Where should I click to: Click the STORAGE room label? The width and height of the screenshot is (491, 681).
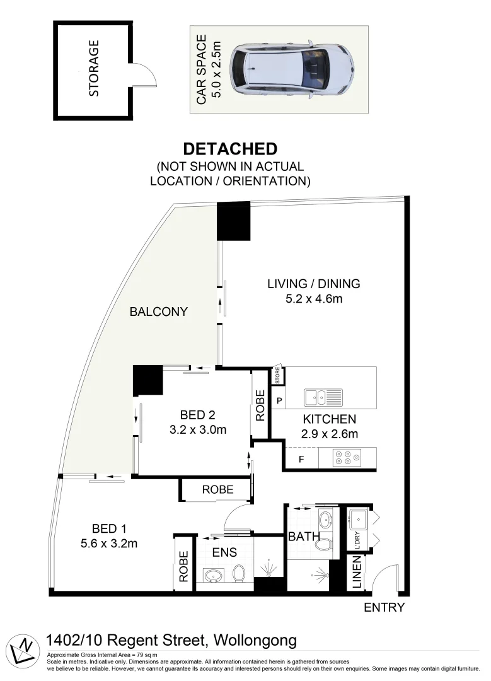pos(95,69)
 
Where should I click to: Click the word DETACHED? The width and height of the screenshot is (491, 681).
pos(230,149)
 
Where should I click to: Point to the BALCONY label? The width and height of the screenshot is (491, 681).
pos(158,311)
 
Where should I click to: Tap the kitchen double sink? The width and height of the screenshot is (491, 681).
pos(323,397)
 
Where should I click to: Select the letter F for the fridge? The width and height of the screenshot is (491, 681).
pos(301,459)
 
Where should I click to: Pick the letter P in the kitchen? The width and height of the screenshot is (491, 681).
pos(279,400)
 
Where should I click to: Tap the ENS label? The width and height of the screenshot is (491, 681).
pos(225,552)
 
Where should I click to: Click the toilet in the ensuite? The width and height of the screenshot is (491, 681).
pos(238,572)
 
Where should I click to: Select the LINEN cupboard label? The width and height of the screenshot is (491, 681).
pos(356,576)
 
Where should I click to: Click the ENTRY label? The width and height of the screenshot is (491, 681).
pos(384,608)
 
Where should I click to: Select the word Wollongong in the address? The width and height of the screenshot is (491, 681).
pos(255,641)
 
